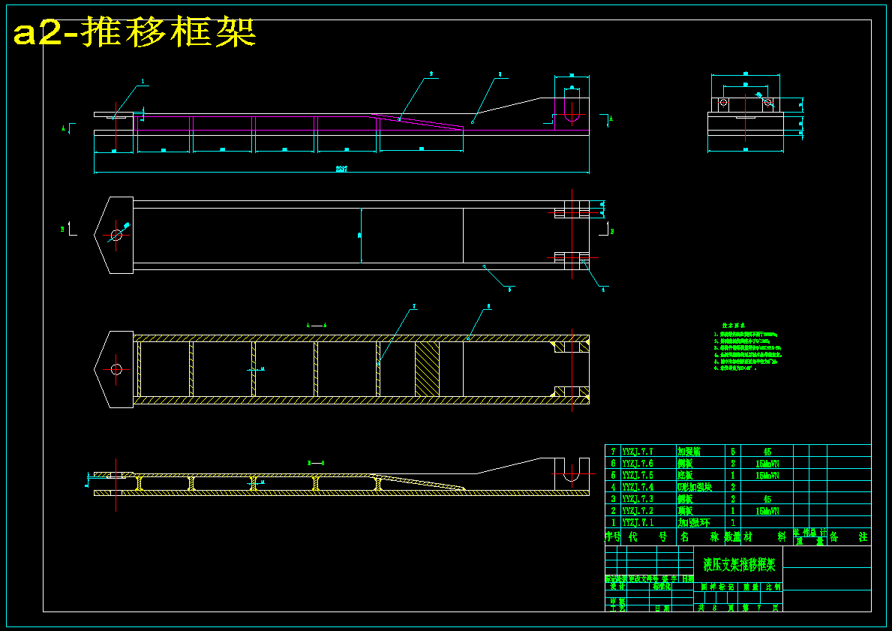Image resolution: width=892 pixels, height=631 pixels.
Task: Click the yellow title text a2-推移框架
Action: (135, 32)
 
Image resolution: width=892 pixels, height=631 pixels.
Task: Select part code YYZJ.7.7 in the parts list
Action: (638, 452)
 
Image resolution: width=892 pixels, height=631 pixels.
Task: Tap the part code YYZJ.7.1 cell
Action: (638, 522)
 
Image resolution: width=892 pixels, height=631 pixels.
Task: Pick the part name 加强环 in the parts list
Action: (693, 522)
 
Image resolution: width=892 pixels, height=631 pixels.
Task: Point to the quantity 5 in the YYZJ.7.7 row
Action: (733, 452)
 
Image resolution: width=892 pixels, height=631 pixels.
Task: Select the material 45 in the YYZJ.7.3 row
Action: (767, 499)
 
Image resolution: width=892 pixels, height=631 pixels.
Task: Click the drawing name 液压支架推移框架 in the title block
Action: (739, 564)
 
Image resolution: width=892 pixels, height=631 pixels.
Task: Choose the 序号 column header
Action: (612, 537)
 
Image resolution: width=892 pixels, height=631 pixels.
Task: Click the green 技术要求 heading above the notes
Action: (731, 326)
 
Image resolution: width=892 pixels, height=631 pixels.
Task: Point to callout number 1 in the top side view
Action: (143, 81)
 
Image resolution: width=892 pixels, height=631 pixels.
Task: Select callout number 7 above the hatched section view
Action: (413, 307)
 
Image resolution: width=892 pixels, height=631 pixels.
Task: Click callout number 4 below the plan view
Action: (602, 290)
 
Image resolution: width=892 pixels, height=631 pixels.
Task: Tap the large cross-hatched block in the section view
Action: (427, 369)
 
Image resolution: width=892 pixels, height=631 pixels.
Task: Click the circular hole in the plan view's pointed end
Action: (116, 235)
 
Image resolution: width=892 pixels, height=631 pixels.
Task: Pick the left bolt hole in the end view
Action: (723, 102)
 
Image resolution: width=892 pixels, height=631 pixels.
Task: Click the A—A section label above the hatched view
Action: (317, 325)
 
